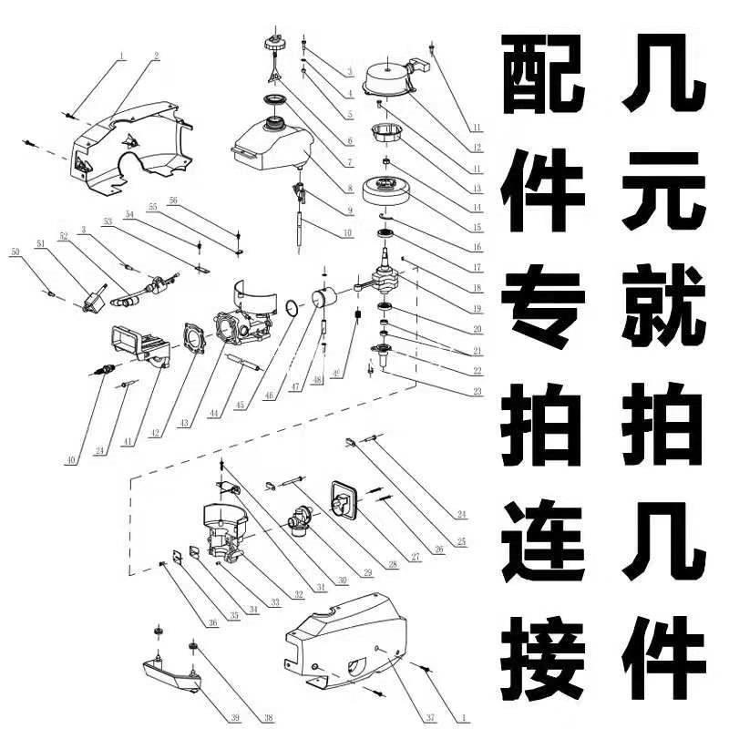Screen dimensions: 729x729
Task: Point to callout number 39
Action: [x=236, y=719]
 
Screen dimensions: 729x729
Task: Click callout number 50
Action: [x=14, y=252]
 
